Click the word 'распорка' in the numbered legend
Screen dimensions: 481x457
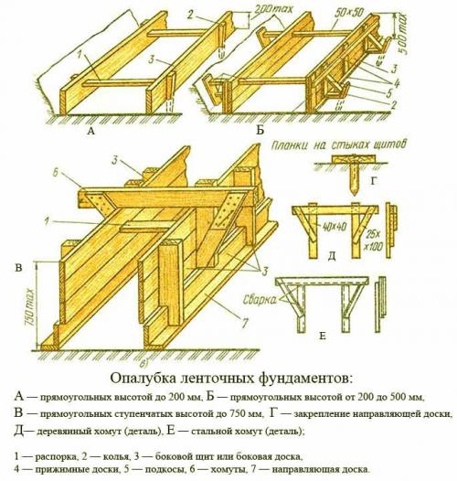tap(56, 455)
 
